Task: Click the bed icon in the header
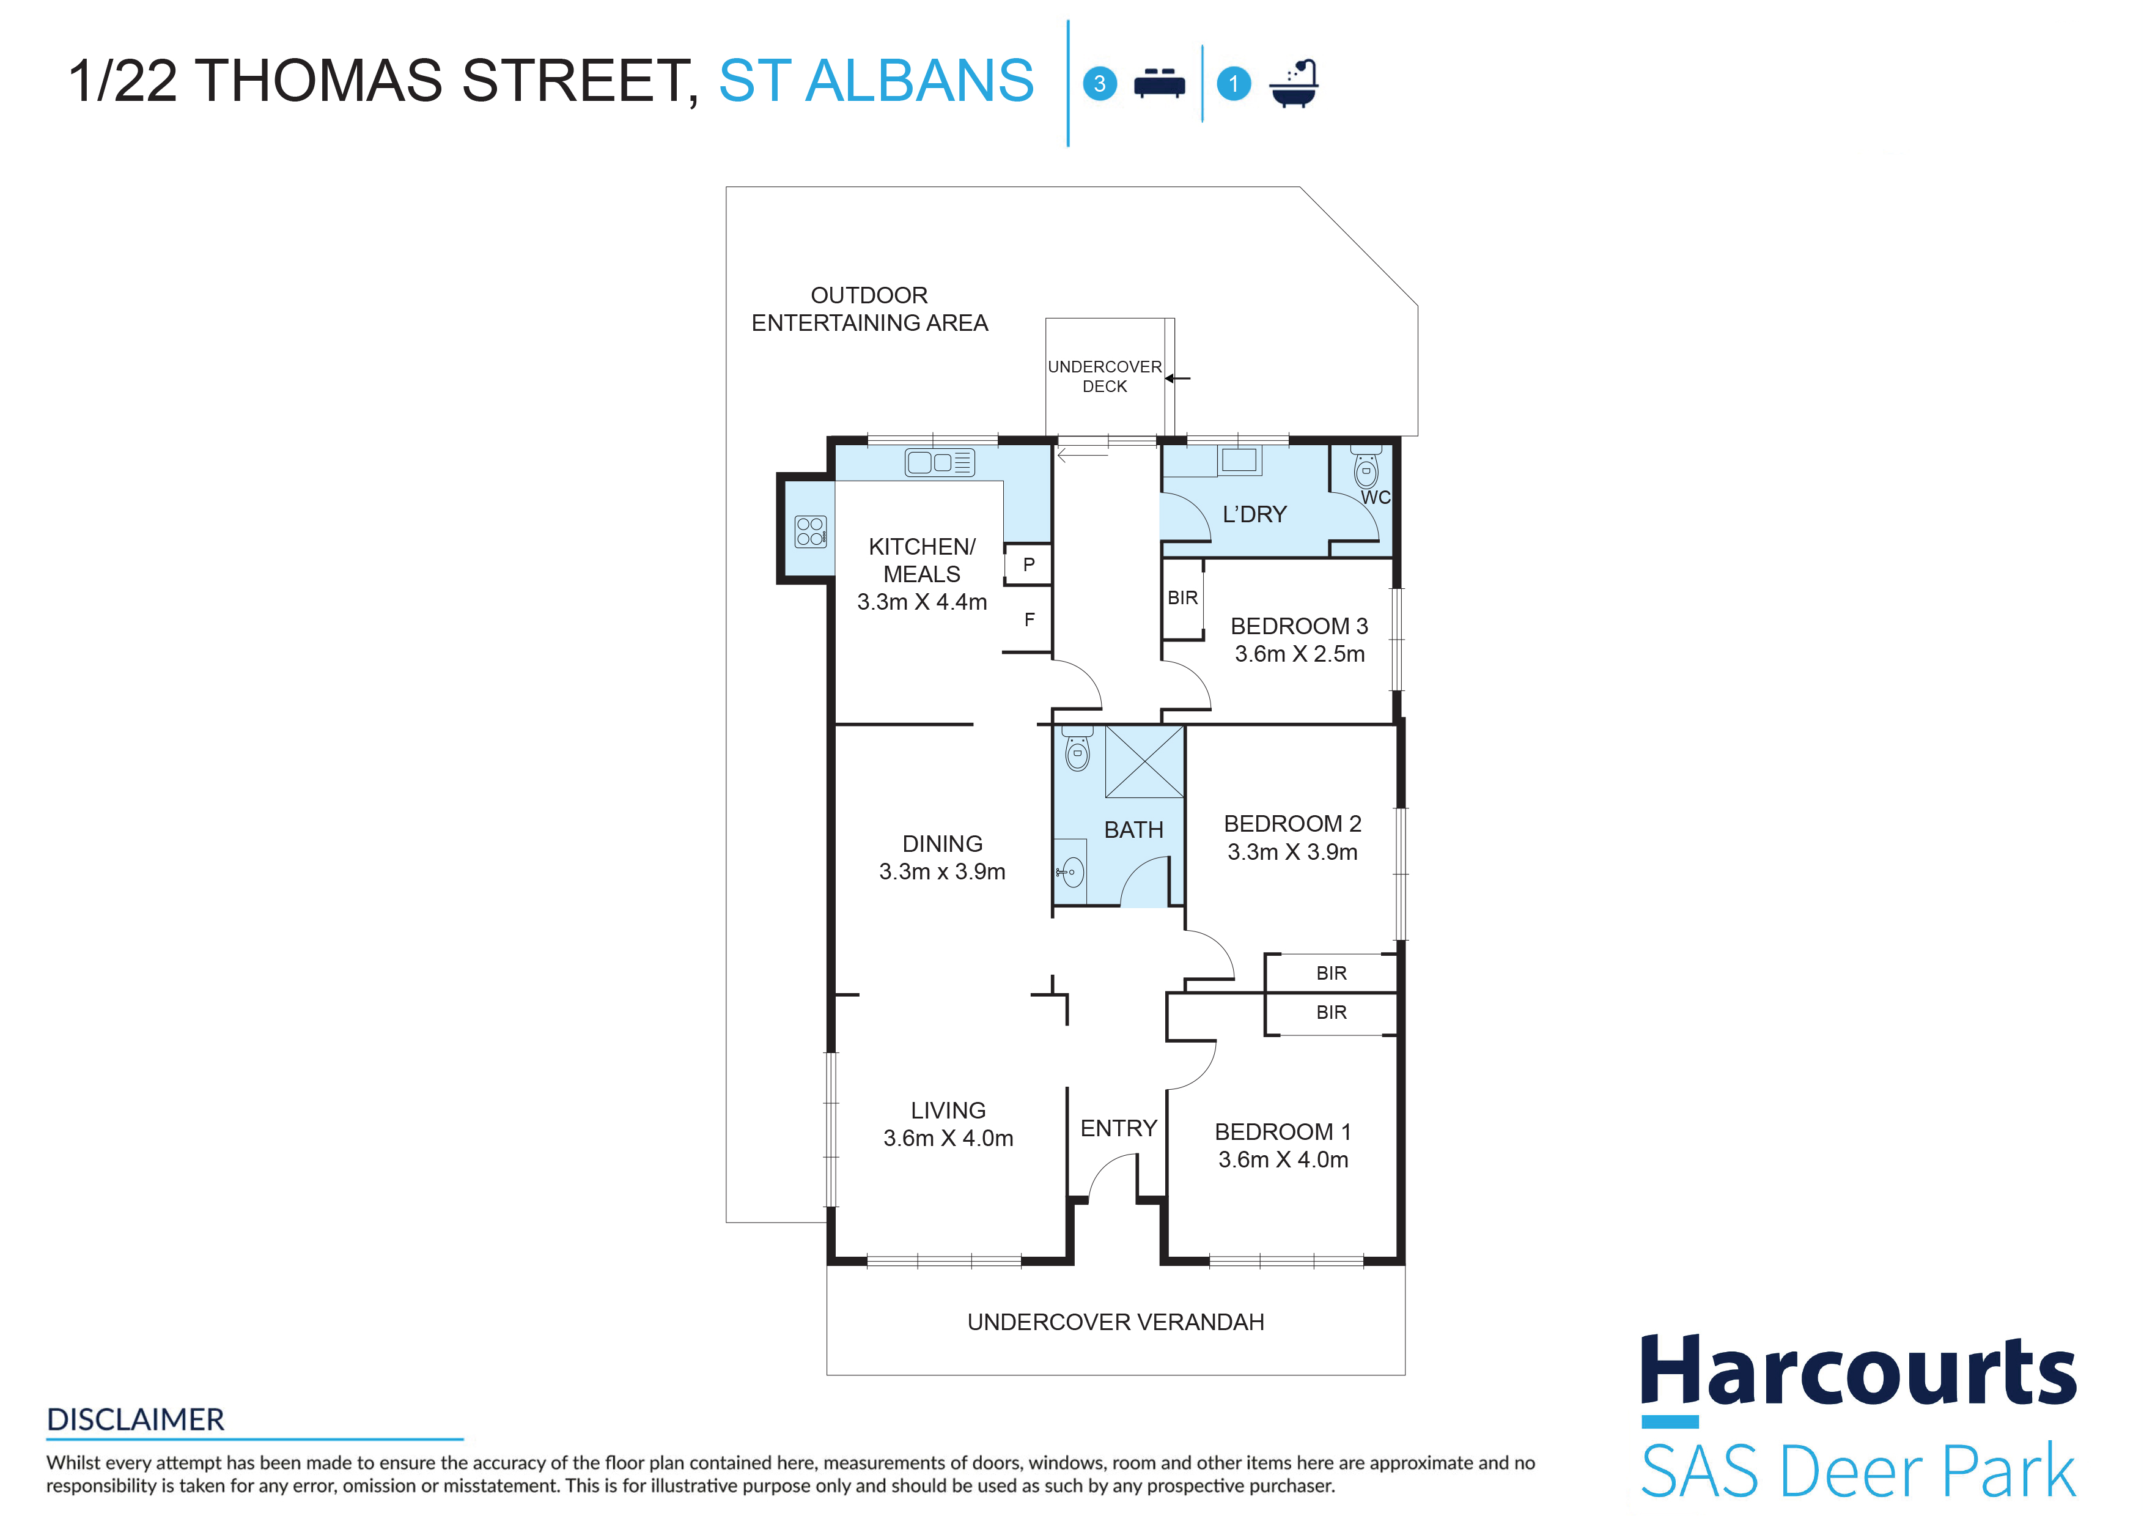(x=1159, y=83)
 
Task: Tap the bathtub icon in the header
(x=1294, y=84)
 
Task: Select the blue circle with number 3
(x=1099, y=83)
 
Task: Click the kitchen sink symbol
(x=940, y=462)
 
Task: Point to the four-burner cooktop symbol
(x=811, y=531)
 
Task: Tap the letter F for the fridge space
(x=1029, y=619)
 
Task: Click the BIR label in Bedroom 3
(x=1182, y=598)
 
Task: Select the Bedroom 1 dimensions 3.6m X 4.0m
(x=1283, y=1159)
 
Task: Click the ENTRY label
(x=1119, y=1128)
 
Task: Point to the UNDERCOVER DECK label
(x=1105, y=377)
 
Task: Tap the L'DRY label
(x=1254, y=515)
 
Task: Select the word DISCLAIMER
(x=135, y=1420)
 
